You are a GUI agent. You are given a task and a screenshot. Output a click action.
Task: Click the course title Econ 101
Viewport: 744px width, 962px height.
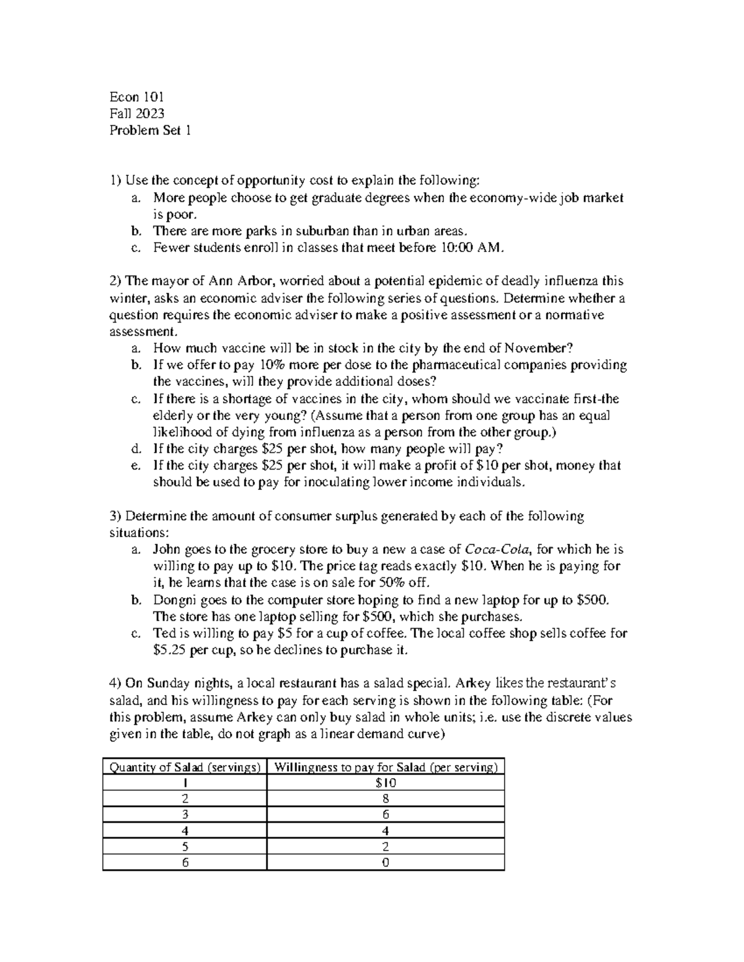136,97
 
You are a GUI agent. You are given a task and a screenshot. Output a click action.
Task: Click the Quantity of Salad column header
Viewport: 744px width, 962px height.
185,767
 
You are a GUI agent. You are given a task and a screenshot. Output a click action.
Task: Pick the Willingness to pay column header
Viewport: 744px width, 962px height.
386,767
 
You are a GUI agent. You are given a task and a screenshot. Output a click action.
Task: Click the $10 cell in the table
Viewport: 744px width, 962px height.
386,783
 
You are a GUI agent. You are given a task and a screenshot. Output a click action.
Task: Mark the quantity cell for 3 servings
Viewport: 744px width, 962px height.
185,815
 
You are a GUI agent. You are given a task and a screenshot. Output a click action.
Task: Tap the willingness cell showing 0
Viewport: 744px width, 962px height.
386,863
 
